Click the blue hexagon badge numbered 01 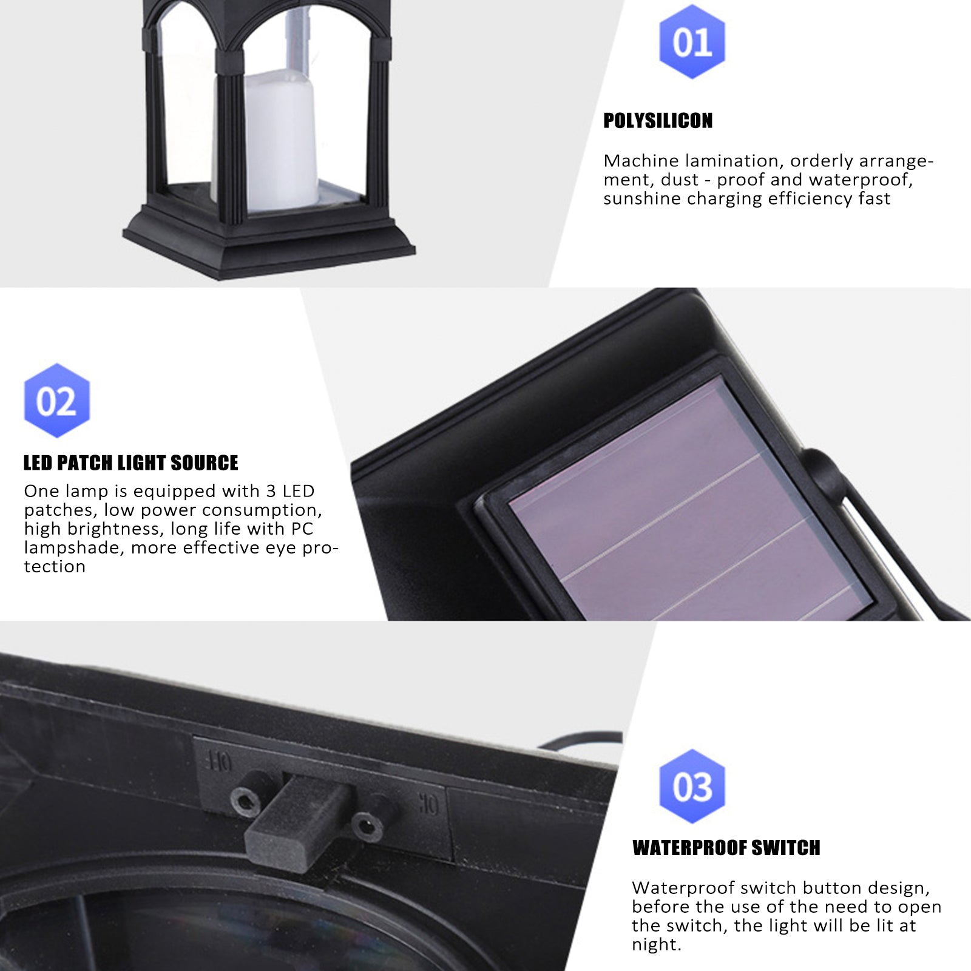pos(692,42)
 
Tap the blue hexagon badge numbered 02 pos(56,401)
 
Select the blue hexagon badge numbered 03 pos(692,787)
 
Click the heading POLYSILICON pos(658,121)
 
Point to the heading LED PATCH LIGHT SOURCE pos(130,463)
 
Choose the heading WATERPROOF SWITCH pos(726,848)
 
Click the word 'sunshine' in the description pos(641,198)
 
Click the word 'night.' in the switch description pos(657,944)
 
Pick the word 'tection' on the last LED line pos(55,566)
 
